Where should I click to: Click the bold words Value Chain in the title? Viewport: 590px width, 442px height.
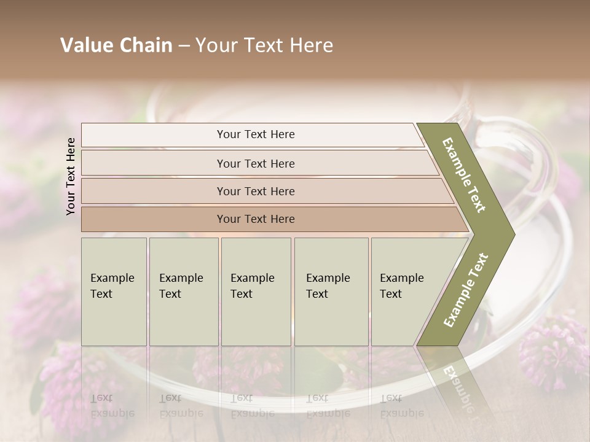pyautogui.click(x=116, y=45)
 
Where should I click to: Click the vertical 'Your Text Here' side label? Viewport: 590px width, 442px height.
pyautogui.click(x=71, y=176)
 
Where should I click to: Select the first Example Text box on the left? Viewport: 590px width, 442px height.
pyautogui.click(x=114, y=292)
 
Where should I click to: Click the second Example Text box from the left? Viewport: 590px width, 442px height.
pyautogui.click(x=184, y=292)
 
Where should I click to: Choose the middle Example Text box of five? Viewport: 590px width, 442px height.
pyautogui.click(x=256, y=292)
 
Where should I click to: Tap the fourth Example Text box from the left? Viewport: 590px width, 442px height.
pyautogui.click(x=331, y=292)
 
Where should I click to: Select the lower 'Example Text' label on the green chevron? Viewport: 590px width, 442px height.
pyautogui.click(x=466, y=290)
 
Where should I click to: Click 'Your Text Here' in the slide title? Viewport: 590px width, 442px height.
pyautogui.click(x=264, y=45)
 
